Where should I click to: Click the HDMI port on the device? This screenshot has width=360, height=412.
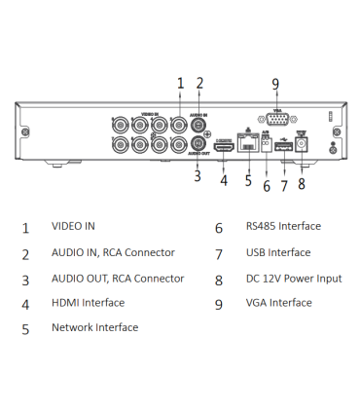[223, 147]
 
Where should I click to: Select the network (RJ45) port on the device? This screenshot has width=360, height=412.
[248, 148]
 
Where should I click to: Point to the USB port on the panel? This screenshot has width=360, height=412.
[283, 148]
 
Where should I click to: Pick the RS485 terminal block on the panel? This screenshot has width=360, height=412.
[266, 149]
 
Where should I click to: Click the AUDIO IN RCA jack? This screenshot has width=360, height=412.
[198, 124]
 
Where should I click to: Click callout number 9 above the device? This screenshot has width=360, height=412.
[275, 84]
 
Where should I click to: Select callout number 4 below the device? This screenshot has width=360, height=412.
[224, 180]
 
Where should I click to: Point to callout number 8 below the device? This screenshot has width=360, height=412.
[302, 183]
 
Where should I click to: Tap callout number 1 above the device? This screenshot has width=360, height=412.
[180, 84]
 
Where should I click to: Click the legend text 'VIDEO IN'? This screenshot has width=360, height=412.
[73, 227]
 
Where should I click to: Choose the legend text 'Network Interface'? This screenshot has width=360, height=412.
[94, 328]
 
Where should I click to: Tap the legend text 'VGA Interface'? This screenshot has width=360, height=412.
[278, 303]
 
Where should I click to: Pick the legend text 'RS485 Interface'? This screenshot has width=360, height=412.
[282, 227]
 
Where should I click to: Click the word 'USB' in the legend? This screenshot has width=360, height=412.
[256, 253]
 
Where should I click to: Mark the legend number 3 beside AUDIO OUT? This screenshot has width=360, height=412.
[25, 280]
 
